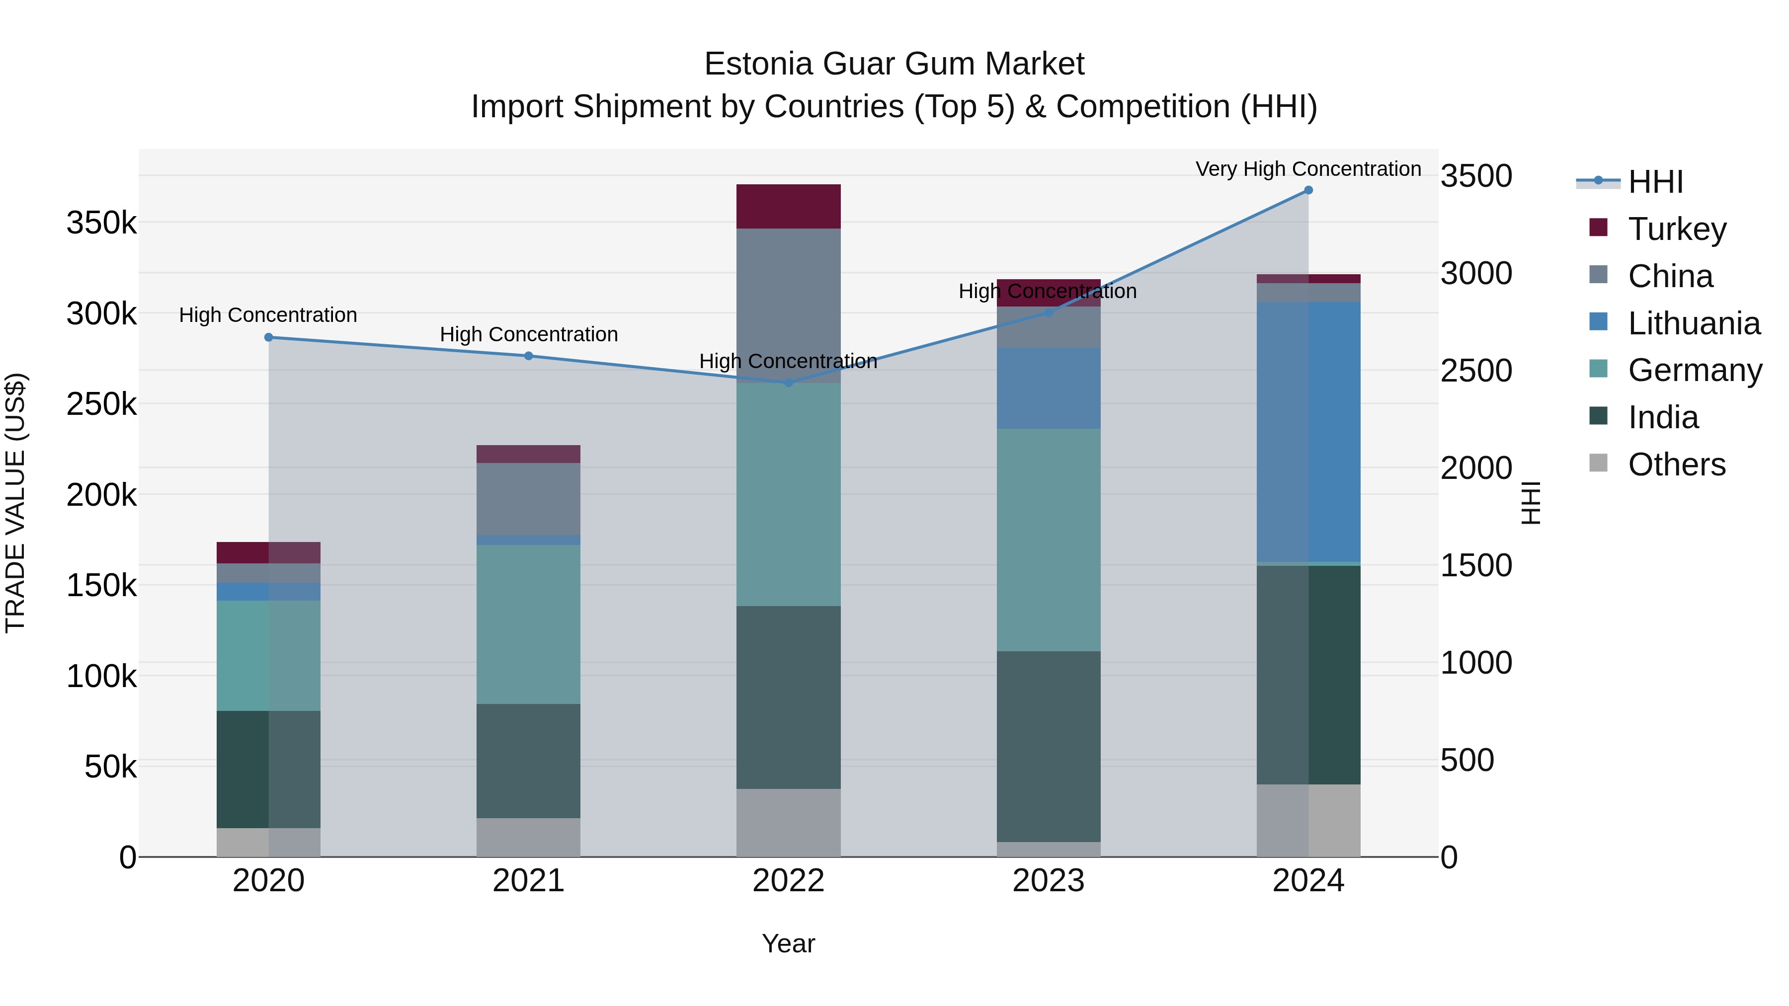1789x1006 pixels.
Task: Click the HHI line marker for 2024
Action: click(1308, 190)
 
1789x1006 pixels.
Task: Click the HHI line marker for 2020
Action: click(269, 337)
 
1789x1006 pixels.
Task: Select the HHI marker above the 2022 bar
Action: click(788, 383)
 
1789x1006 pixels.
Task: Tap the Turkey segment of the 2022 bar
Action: click(788, 206)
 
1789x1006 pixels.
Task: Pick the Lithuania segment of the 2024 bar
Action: click(1308, 432)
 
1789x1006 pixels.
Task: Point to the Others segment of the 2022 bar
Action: click(788, 823)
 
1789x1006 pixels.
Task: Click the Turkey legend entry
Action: click(1677, 229)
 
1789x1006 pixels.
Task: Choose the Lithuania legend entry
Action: click(1693, 323)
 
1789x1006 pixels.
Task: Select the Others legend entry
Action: click(1677, 464)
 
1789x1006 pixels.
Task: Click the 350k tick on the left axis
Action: click(101, 224)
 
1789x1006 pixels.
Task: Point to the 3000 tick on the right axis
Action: click(1476, 274)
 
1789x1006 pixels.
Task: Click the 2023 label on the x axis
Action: click(1049, 881)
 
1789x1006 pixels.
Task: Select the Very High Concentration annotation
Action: click(1308, 169)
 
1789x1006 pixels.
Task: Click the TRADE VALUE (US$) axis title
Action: click(15, 503)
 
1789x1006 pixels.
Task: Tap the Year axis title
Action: click(788, 943)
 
